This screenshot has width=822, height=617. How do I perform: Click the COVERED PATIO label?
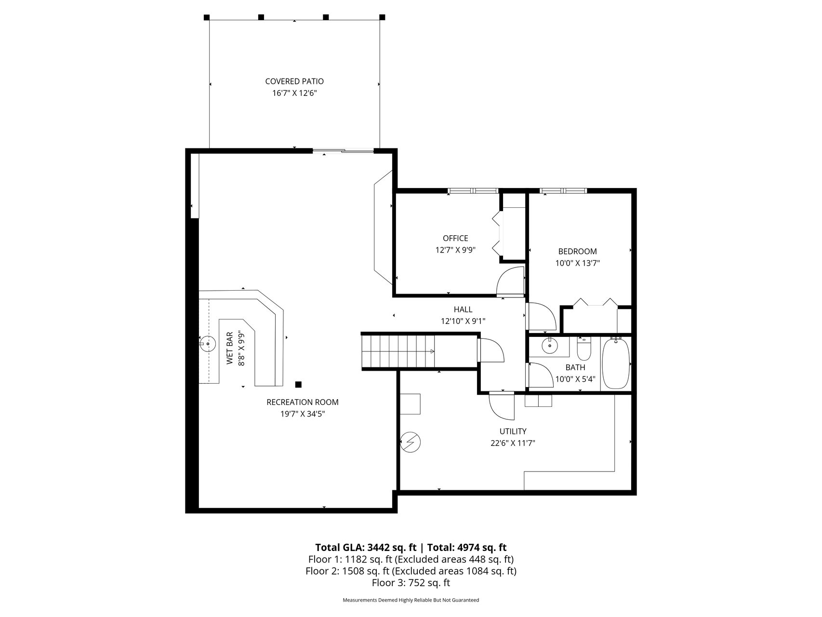[x=294, y=81]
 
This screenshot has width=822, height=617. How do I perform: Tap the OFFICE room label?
[x=455, y=238]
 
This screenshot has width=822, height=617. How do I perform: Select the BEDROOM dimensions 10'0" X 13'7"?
[x=577, y=263]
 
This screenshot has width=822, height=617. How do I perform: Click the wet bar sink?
[x=207, y=344]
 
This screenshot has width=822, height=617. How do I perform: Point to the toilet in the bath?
[x=584, y=349]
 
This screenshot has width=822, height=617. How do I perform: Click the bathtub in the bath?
[x=616, y=363]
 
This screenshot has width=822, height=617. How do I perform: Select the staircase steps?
[x=398, y=351]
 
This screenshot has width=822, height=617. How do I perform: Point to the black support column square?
[x=298, y=384]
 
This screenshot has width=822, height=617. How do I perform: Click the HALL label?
[x=463, y=309]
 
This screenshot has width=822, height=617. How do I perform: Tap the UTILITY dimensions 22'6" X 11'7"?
[x=513, y=443]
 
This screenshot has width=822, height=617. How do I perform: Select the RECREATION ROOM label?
[x=303, y=402]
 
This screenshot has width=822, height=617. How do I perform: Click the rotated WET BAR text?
[x=230, y=348]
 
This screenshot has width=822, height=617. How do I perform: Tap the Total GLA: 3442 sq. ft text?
[x=366, y=548]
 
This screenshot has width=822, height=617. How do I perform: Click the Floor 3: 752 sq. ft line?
[x=411, y=583]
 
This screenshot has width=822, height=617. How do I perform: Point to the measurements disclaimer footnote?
[x=411, y=600]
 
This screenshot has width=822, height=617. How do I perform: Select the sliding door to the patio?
[x=343, y=151]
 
